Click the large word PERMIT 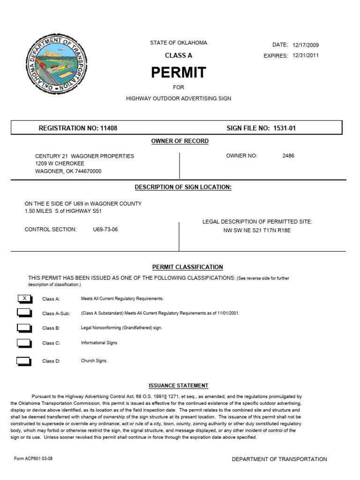pos(178,73)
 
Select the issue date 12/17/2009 pos(305,45)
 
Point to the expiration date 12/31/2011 pos(305,56)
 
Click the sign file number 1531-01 pos(285,128)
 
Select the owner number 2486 pos(288,156)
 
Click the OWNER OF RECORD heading pos(180,141)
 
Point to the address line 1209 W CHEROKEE pos(60,164)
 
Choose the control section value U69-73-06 pos(105,230)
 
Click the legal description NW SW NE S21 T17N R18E pos(257,230)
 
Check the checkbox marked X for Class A pos(24,299)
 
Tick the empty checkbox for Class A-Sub pos(24,313)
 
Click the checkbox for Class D pos(24,361)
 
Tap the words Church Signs pos(94,361)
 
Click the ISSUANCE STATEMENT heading pos(178,386)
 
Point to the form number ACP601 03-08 pos(33,458)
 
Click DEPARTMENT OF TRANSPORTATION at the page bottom pos(279,459)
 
